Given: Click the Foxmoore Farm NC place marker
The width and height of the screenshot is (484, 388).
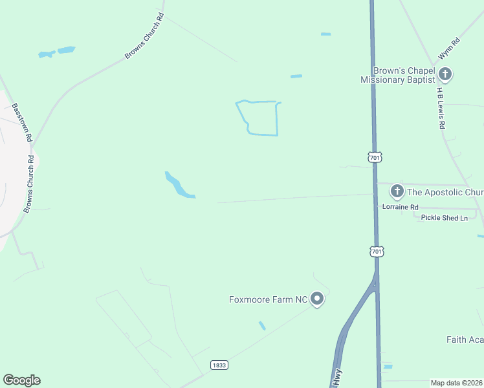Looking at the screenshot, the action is click(x=317, y=299).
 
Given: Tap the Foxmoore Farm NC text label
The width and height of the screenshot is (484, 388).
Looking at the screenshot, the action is click(x=268, y=299).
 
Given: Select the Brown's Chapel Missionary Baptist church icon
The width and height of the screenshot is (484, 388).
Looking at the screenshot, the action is click(x=445, y=74).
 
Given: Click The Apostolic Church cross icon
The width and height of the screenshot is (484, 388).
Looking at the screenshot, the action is click(x=397, y=191).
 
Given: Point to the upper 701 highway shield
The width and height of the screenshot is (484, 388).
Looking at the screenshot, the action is click(x=375, y=157).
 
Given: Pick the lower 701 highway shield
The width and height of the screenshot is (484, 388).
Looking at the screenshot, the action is click(x=376, y=250).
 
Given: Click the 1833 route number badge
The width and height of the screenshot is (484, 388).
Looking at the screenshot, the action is click(x=219, y=365).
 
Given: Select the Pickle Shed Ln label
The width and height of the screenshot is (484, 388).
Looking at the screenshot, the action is click(x=444, y=218).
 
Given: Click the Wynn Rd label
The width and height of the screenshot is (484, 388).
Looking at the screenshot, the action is click(x=448, y=49).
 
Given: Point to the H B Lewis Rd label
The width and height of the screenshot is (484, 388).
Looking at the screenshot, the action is click(x=441, y=108).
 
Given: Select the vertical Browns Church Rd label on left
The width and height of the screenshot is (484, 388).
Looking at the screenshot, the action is click(x=30, y=184).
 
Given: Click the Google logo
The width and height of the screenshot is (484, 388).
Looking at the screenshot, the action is click(x=21, y=380).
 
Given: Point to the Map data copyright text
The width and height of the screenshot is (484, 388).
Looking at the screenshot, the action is click(x=456, y=383).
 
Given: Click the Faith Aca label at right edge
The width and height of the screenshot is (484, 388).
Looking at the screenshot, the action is click(x=465, y=339).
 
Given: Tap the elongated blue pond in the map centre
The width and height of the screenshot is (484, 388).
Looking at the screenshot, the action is click(x=178, y=186).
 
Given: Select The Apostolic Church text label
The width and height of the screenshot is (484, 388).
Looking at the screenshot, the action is click(x=445, y=192).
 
